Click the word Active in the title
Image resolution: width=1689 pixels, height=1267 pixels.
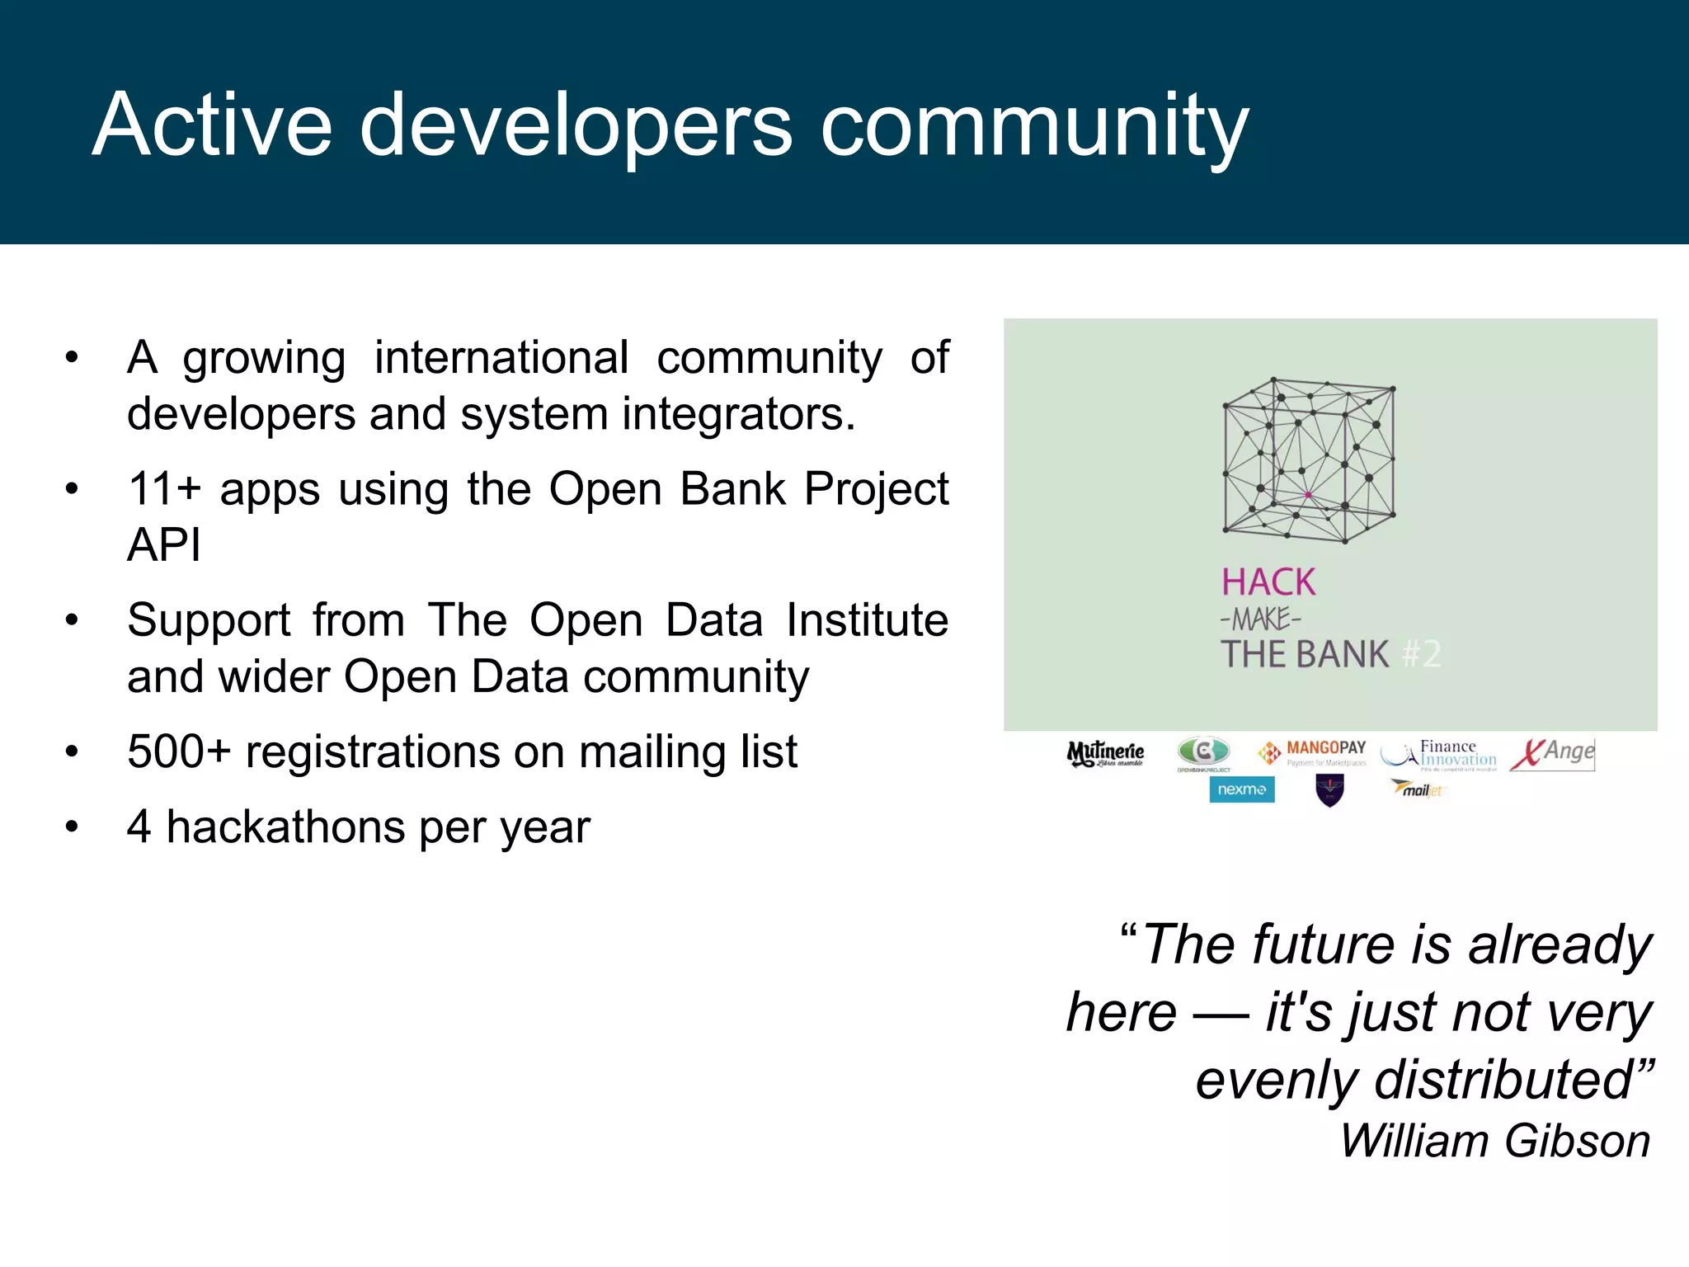pyautogui.click(x=213, y=125)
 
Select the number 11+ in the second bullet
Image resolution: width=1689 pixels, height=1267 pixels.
pyautogui.click(x=164, y=488)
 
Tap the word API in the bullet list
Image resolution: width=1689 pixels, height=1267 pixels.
pyautogui.click(x=164, y=545)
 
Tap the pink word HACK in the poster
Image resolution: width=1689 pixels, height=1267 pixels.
pyautogui.click(x=1268, y=582)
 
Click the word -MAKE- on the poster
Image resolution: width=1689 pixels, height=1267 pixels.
pyautogui.click(x=1260, y=619)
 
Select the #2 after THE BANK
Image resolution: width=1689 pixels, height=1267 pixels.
pyautogui.click(x=1422, y=654)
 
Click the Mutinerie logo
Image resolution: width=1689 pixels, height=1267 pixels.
pyautogui.click(x=1105, y=753)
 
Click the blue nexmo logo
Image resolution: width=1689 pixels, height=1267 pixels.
pyautogui.click(x=1241, y=789)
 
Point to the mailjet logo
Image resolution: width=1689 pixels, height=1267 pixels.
pyautogui.click(x=1417, y=789)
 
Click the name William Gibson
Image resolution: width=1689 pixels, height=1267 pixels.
pyautogui.click(x=1494, y=1141)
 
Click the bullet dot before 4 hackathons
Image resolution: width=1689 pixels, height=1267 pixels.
pyautogui.click(x=73, y=827)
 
